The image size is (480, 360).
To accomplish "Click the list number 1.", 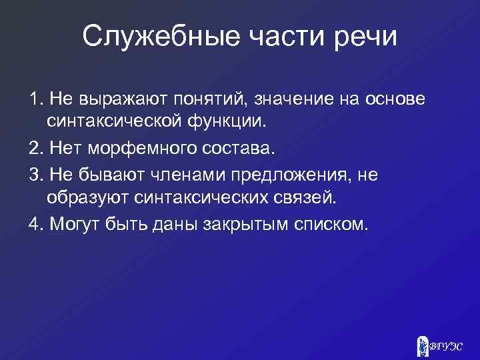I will click(x=34, y=99).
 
